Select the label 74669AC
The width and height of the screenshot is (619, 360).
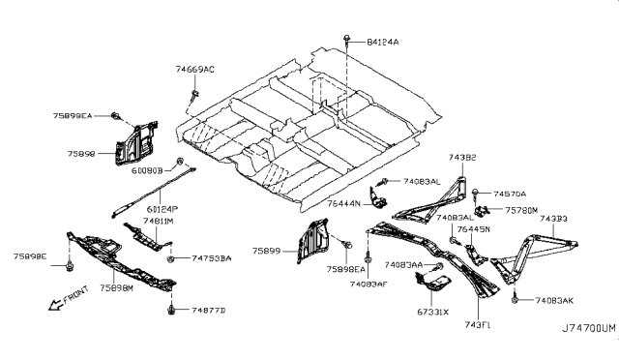click(x=195, y=70)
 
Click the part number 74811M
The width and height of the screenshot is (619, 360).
click(x=159, y=222)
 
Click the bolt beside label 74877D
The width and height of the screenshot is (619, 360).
click(x=171, y=310)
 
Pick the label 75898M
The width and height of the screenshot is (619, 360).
click(x=120, y=288)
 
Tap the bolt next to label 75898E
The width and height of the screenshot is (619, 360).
click(x=73, y=266)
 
